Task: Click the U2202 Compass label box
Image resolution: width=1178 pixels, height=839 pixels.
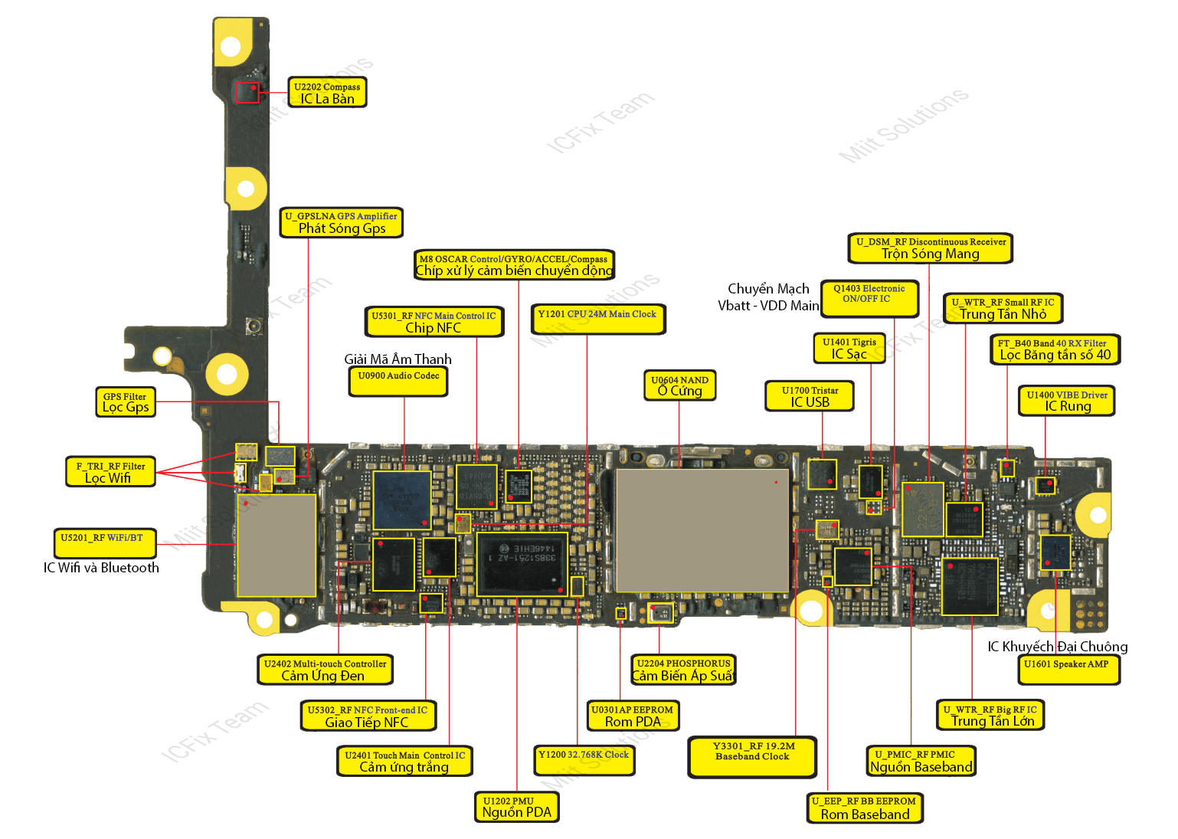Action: point(327,92)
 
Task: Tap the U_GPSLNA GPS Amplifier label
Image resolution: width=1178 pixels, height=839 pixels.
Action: point(342,222)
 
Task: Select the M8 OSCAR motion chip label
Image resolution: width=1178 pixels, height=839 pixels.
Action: point(514,264)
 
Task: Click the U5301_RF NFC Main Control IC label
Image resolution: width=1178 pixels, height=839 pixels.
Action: point(434,322)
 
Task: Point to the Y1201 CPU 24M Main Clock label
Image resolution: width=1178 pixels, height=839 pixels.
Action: point(597,319)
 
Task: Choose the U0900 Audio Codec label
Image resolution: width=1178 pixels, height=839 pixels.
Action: point(398,381)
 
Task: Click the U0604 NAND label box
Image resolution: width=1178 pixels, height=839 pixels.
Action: point(679,385)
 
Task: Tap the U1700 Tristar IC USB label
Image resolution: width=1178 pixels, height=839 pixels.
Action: point(810,396)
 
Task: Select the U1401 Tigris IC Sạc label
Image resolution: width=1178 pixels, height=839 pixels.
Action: point(849,348)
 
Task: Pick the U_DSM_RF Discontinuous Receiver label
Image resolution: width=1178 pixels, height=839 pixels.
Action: point(931,247)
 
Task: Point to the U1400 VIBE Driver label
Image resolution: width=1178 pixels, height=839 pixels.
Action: point(1067,401)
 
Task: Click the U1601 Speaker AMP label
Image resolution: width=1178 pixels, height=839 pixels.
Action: point(1066,669)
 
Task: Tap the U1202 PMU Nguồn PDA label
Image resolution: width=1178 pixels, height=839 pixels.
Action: point(517,807)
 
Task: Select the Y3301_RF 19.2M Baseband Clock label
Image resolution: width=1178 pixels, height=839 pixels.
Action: point(753,756)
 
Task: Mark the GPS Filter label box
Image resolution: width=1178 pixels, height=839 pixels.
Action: point(125,401)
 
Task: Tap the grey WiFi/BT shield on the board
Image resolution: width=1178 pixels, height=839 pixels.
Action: point(277,545)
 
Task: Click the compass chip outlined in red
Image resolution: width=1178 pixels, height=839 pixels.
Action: point(247,93)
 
